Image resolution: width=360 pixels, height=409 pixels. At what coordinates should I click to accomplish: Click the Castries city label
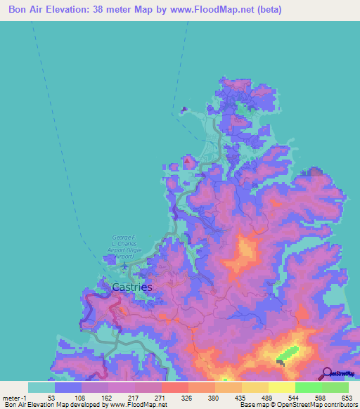(132, 287)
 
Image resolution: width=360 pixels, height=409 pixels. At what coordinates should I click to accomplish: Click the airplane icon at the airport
(124, 266)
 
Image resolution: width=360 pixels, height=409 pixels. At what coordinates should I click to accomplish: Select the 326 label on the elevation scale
(188, 397)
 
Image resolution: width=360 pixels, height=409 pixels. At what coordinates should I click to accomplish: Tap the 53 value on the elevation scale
(51, 397)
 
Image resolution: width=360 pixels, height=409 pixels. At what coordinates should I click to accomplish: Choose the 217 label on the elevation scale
(134, 397)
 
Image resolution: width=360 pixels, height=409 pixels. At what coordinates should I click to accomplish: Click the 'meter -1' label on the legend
(15, 397)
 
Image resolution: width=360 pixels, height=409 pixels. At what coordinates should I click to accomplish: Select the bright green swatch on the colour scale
(309, 387)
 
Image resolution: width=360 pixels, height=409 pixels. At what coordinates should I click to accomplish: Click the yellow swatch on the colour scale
(282, 387)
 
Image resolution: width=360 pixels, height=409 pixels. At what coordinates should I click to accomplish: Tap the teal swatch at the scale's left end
(41, 387)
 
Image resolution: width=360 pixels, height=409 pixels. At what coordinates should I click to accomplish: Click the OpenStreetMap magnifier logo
(327, 374)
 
